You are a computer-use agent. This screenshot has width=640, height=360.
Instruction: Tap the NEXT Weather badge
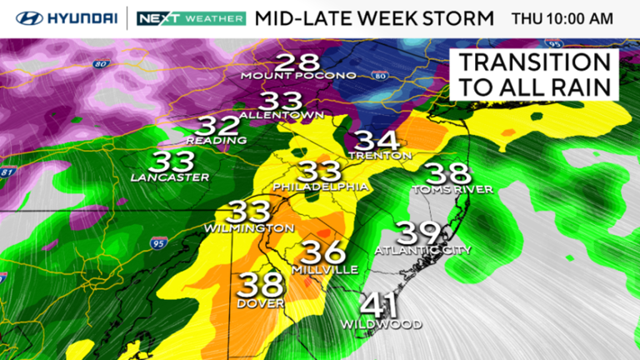(191, 17)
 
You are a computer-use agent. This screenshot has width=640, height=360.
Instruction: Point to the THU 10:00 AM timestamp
(562, 17)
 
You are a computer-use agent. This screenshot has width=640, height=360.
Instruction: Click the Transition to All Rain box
(534, 74)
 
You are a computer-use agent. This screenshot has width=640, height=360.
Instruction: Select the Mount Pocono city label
(298, 76)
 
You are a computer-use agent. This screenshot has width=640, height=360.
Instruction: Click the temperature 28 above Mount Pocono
(297, 62)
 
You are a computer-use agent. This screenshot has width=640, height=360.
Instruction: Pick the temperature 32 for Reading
(216, 127)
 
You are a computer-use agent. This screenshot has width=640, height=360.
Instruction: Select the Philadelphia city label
(321, 187)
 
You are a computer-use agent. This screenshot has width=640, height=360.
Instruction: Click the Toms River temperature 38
(447, 174)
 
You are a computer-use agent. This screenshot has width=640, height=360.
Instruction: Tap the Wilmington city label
(250, 227)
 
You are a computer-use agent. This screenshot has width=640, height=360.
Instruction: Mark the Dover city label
(260, 302)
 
